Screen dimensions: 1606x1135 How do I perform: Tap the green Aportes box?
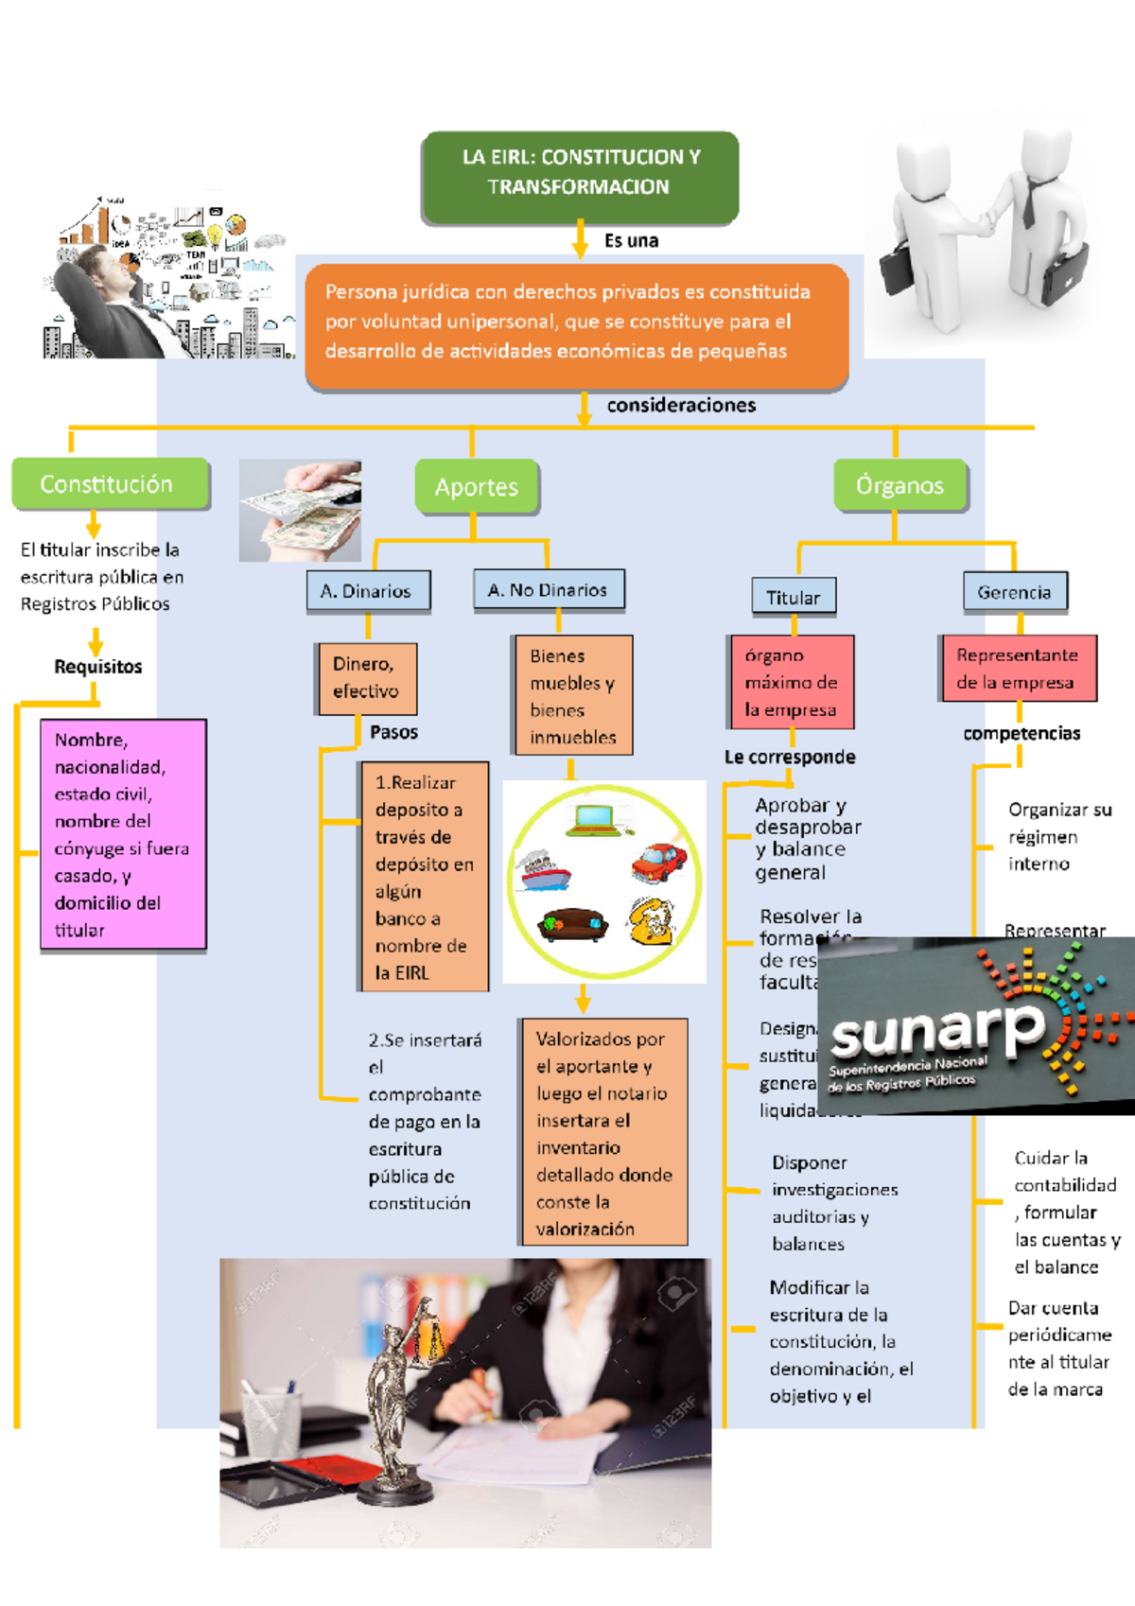coord(477,487)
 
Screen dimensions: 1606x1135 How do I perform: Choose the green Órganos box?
coord(899,486)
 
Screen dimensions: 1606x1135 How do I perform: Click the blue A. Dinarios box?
coord(367,591)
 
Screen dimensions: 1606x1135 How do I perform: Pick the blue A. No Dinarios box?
coord(549,589)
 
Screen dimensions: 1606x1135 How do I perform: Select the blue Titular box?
coord(793,598)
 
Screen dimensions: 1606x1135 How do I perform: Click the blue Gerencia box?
coord(1014,592)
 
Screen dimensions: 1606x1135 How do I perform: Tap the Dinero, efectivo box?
coord(366,678)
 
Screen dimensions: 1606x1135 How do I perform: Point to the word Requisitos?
coord(98,667)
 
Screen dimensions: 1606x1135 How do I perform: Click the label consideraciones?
coord(681,405)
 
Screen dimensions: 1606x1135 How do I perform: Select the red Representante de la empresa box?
coord(1018,669)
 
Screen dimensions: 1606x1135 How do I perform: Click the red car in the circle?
coord(659,862)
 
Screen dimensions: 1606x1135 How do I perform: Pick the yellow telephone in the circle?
coord(652,921)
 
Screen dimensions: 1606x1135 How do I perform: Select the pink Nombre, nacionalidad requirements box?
coord(123,834)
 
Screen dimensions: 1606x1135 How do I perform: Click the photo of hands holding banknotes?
coord(300,511)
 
